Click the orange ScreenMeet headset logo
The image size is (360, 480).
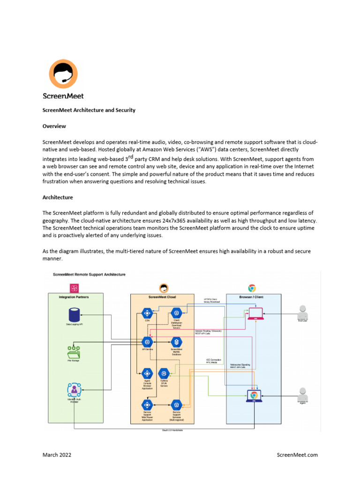tap(63, 74)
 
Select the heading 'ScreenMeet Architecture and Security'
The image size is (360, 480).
tap(89, 110)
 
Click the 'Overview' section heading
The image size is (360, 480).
tap(54, 126)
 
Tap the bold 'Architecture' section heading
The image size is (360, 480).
tap(58, 197)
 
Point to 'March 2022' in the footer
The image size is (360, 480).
tap(57, 455)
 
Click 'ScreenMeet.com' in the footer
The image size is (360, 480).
tap(297, 455)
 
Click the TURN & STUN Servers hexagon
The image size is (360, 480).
tap(163, 373)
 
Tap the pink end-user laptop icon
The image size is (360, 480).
tap(255, 313)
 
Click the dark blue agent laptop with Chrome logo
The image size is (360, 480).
tap(254, 396)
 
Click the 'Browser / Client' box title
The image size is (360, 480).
tap(254, 297)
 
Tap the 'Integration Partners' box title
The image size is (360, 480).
tap(75, 297)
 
